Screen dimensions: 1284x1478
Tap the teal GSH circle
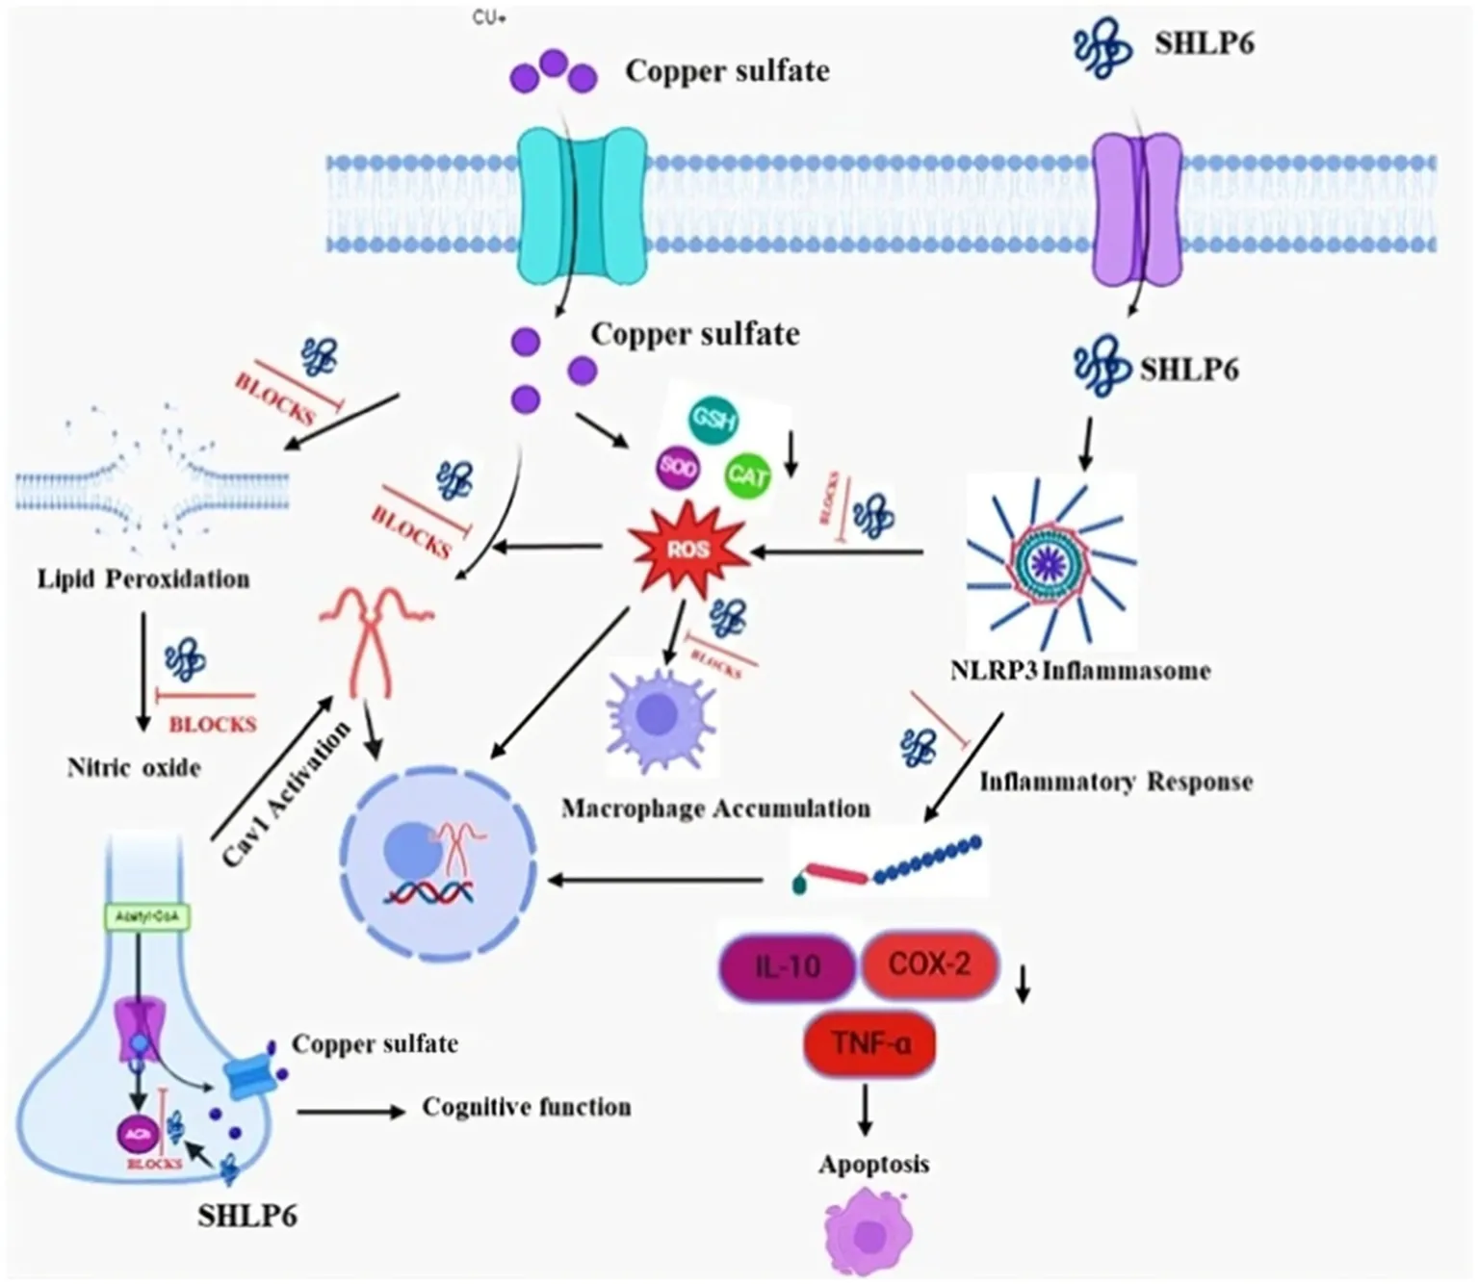[713, 421]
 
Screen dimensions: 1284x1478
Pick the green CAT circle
[747, 475]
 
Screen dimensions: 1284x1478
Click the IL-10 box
[787, 965]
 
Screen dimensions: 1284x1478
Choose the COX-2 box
[929, 963]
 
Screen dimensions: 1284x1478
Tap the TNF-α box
[869, 1042]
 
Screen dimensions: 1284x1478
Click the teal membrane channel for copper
[581, 205]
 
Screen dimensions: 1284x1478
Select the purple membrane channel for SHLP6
[1136, 207]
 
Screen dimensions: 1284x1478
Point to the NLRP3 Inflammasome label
[1079, 671]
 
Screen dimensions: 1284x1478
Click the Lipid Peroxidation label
[143, 579]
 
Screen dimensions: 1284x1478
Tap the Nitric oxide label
[134, 768]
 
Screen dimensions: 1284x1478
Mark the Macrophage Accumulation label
[715, 809]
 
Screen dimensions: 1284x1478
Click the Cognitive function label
[527, 1108]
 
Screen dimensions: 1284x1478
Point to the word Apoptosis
[873, 1165]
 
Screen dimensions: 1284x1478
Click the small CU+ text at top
[489, 19]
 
